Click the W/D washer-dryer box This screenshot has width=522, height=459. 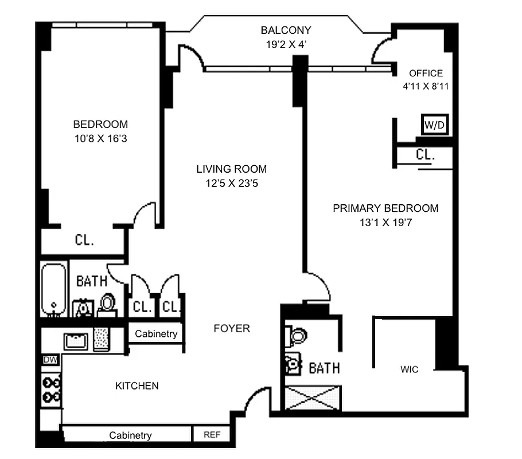point(434,125)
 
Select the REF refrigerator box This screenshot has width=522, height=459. point(212,435)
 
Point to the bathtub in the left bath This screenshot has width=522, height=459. point(53,290)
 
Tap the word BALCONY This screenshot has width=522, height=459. point(285,30)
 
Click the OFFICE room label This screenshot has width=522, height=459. point(426,73)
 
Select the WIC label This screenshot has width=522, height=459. point(409,369)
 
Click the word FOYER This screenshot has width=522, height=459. point(232,328)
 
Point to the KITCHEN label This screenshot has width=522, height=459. point(137,386)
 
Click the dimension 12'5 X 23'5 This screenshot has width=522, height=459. point(231,184)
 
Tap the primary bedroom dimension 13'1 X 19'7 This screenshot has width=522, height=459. point(385,223)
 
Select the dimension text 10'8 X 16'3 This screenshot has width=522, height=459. point(100,139)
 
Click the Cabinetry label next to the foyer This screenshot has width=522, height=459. point(156,334)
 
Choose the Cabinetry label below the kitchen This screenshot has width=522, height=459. point(130,435)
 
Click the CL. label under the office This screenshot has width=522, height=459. point(425,155)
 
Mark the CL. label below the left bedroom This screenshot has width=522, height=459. point(84,240)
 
